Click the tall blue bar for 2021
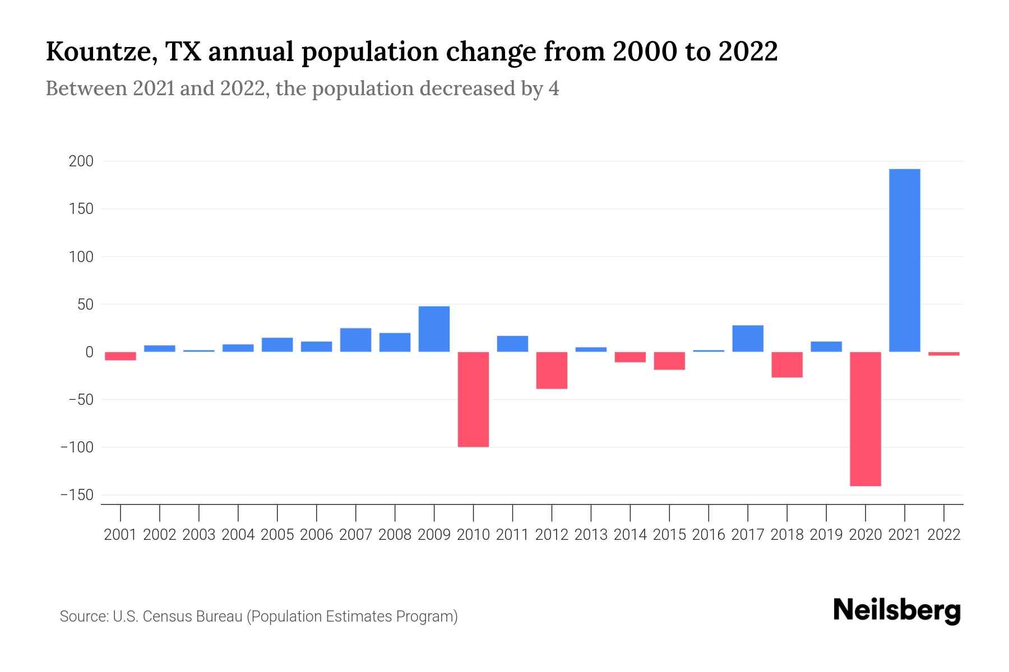[x=904, y=260]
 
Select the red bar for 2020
[x=865, y=419]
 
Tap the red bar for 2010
[x=473, y=399]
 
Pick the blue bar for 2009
[x=434, y=329]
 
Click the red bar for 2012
[x=552, y=370]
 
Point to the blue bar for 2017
[x=747, y=338]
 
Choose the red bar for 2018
[x=786, y=365]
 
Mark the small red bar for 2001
[x=121, y=356]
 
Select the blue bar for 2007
[x=355, y=340]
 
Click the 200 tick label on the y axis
[x=81, y=161]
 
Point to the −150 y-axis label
[x=77, y=495]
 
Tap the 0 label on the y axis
[x=89, y=352]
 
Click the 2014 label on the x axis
[x=630, y=535]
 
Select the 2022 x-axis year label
[x=943, y=535]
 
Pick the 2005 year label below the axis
[x=277, y=535]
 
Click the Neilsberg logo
[x=897, y=610]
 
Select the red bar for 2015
[x=669, y=361]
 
